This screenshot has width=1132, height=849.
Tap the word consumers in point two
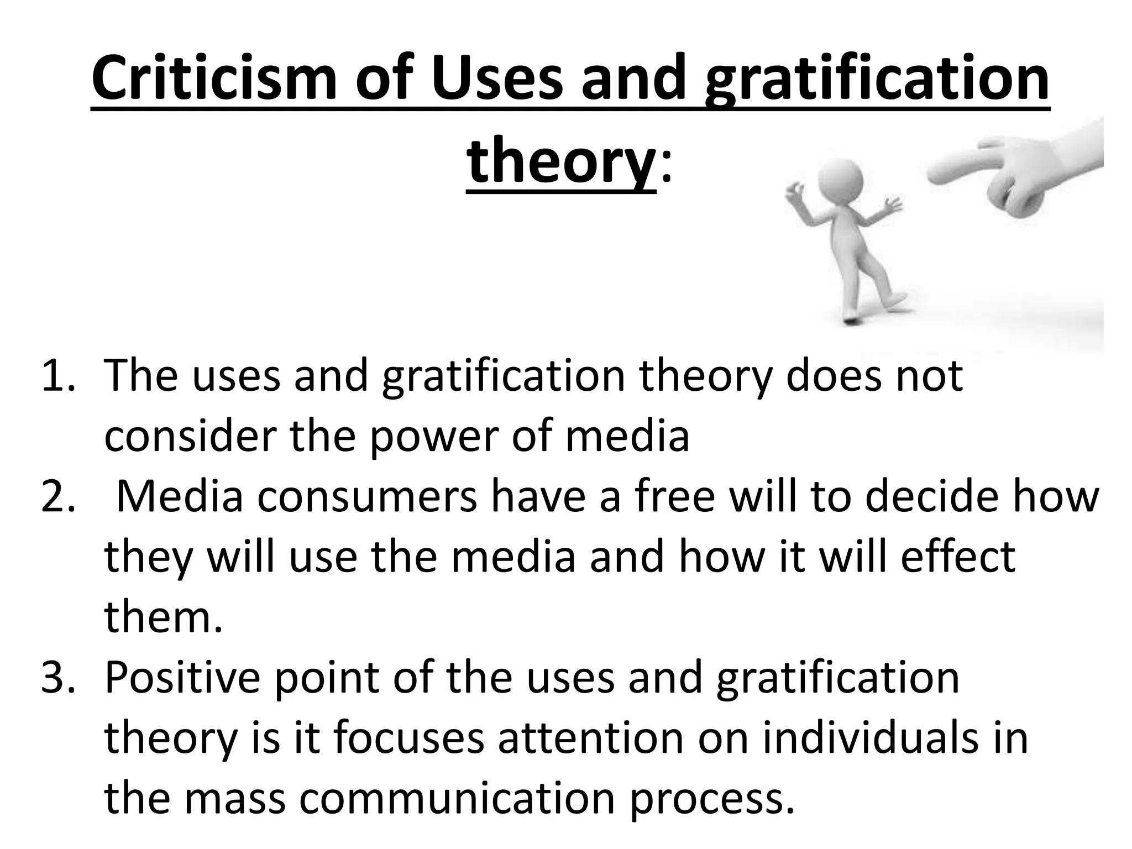coord(367,497)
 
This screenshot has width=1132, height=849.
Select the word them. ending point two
coord(164,617)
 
